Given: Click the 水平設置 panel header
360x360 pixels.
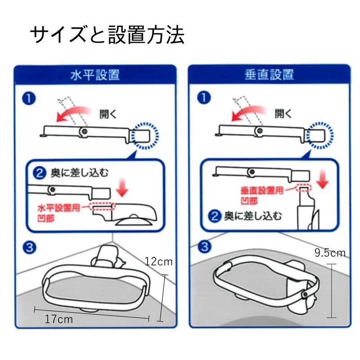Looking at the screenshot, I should point(94,74).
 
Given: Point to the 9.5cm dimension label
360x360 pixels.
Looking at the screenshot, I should point(330,253).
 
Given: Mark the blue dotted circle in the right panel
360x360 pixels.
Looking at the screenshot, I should point(320,134).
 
